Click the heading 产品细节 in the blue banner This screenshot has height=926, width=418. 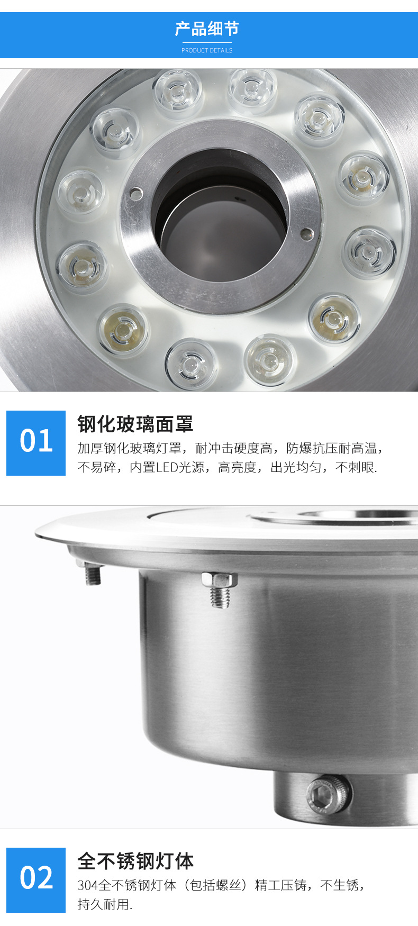pyautogui.click(x=207, y=29)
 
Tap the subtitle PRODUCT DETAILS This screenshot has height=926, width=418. pyautogui.click(x=207, y=50)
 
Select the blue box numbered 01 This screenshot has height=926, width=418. pyautogui.click(x=36, y=442)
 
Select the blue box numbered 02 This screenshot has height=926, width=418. pyautogui.click(x=36, y=879)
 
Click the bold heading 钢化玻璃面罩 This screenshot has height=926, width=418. pyautogui.click(x=135, y=424)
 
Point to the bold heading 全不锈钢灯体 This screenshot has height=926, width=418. pyautogui.click(x=135, y=861)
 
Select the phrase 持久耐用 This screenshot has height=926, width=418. pyautogui.click(x=104, y=904)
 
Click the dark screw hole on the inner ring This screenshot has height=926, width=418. pyautogui.click(x=306, y=232)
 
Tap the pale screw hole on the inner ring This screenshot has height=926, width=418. pyautogui.click(x=137, y=192)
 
